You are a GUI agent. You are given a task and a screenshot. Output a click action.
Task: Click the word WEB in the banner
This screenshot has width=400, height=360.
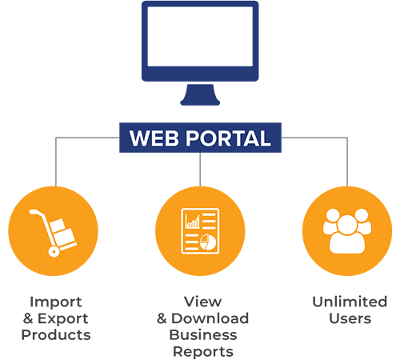pos(154,138)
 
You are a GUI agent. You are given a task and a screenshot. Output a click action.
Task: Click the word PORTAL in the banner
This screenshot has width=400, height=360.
pos(228,138)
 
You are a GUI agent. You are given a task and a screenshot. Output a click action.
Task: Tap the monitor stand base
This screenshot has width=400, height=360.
pos(200,95)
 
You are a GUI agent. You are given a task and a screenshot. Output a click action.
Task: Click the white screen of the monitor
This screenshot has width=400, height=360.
pos(200,36)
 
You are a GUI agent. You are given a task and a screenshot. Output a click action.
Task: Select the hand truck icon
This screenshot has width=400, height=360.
pos(54,233)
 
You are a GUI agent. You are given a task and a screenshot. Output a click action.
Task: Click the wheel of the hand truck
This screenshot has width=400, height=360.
pos(54,251)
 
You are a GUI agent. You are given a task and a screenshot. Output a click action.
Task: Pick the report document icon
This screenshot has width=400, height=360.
pos(200,231)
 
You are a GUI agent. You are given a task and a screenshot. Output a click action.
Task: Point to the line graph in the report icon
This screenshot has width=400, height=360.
pos(193,222)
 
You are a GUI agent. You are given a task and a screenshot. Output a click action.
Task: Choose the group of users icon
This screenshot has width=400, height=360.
pos(347,231)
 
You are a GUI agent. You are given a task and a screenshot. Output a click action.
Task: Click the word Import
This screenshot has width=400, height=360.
pos(56,302)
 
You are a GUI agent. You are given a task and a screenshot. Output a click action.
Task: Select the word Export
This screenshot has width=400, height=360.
pos(63,318)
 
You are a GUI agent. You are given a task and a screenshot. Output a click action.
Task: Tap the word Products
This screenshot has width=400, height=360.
pos(56,335)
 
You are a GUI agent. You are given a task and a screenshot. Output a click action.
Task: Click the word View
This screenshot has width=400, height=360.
pos(202,302)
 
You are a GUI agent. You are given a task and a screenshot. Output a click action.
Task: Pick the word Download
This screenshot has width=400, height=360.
pos(210,318)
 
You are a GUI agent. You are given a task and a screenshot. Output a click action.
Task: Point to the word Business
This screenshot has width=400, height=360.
pos(203,335)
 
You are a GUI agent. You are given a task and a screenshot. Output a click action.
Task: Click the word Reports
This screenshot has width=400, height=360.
pos(203,352)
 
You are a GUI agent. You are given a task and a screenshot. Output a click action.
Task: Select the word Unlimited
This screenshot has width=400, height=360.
pos(350,302)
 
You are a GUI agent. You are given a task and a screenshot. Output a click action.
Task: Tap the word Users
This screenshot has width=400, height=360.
pos(350,318)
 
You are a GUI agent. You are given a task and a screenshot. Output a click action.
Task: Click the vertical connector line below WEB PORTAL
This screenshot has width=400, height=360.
pos(200,170)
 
